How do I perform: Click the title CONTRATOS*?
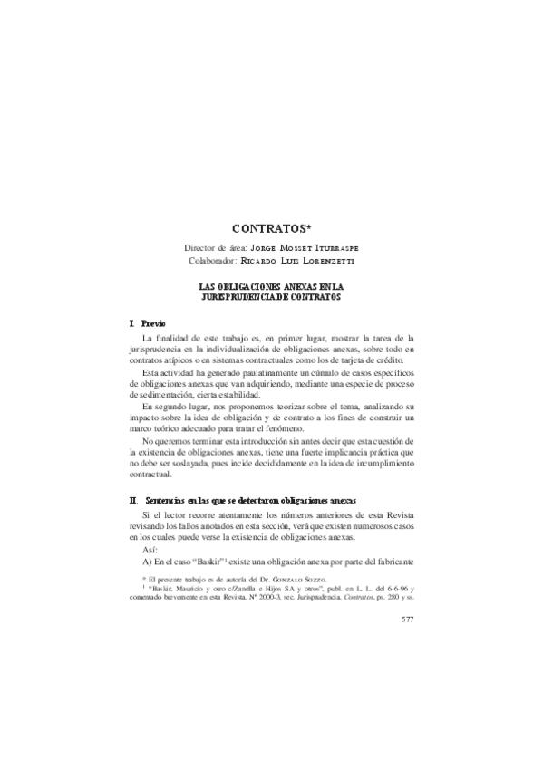272,229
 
